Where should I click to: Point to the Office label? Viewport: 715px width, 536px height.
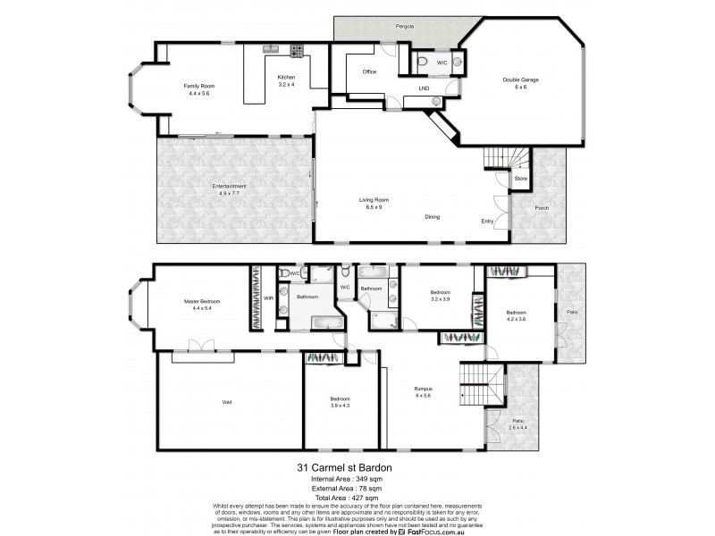click(x=368, y=71)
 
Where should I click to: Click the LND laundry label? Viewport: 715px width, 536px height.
click(x=424, y=88)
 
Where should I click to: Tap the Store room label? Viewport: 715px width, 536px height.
click(x=520, y=179)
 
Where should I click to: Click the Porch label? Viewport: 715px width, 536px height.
click(x=542, y=209)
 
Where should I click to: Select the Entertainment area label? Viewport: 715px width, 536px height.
click(x=229, y=186)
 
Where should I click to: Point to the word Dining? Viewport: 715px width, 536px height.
click(x=432, y=216)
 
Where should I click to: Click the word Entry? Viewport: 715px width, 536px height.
click(x=487, y=222)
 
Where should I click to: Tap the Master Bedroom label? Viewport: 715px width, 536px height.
click(x=202, y=301)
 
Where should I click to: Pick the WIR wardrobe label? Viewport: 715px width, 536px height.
click(x=268, y=299)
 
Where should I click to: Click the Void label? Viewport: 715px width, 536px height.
click(x=227, y=402)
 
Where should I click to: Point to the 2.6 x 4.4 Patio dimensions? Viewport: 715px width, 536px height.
click(x=517, y=428)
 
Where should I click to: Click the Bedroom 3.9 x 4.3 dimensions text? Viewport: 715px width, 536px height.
click(x=340, y=406)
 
